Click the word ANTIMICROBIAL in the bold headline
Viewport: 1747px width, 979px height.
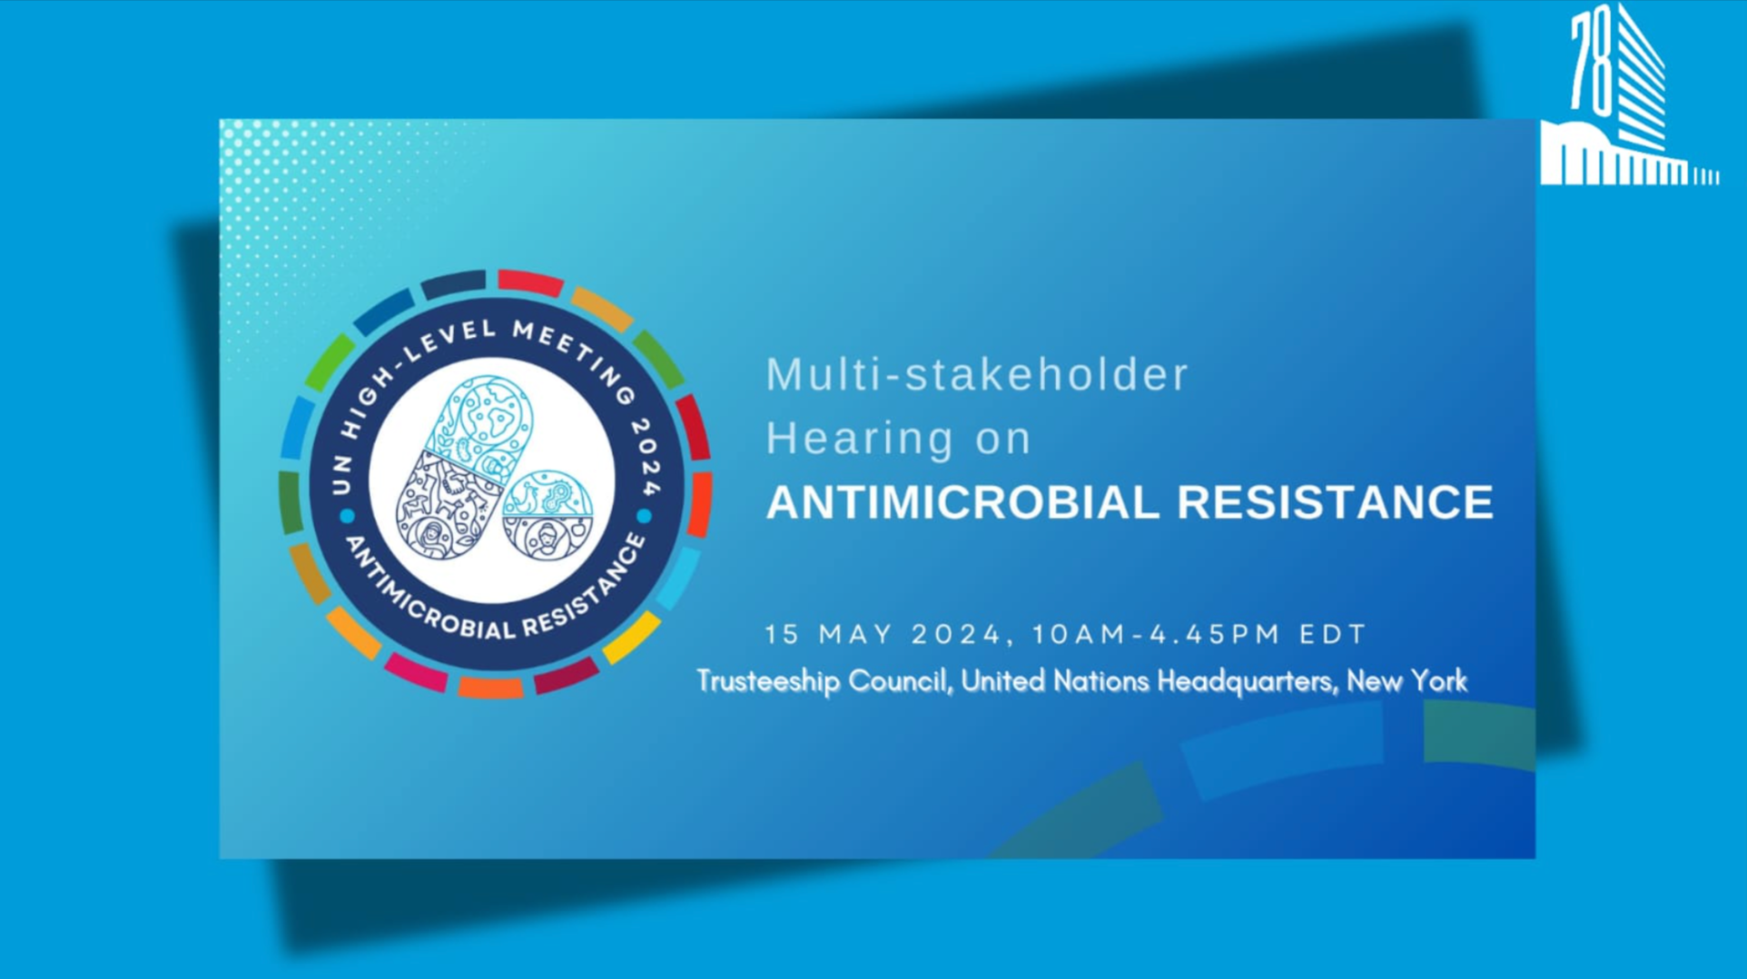962,502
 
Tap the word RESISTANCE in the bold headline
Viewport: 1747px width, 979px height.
1335,502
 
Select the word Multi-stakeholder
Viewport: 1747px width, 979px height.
977,374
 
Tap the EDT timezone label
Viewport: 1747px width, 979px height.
1332,634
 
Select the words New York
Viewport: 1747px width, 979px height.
1406,680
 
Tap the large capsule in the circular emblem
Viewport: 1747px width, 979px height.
464,468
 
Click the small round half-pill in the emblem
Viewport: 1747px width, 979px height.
548,515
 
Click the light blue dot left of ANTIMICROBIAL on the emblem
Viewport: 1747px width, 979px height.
347,517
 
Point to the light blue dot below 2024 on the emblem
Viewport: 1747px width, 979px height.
645,517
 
